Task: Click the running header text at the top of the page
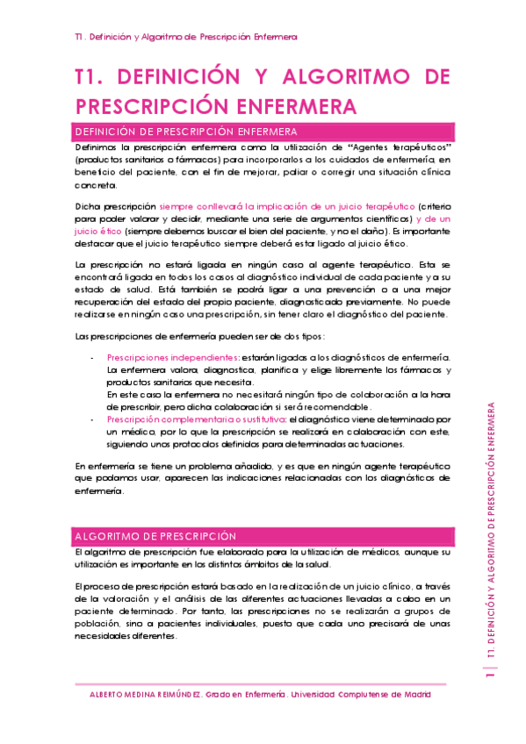click(x=185, y=37)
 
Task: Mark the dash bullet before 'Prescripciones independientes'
click(x=93, y=357)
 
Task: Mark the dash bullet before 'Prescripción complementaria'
click(x=93, y=419)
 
